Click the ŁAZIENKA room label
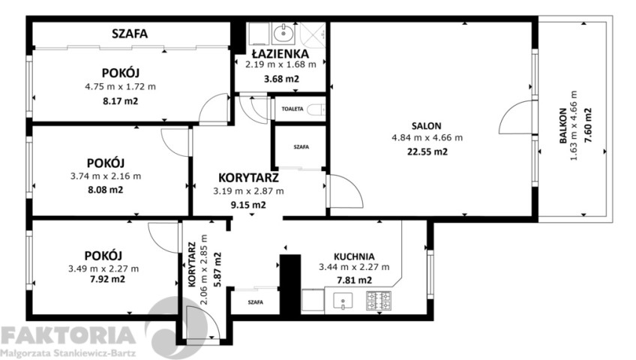coord(280,53)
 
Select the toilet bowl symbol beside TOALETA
coord(316,109)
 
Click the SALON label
coord(426,126)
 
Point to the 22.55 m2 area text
coord(427,151)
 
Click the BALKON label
coord(563,125)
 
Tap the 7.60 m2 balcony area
coord(588,124)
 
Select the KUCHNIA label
coord(354,256)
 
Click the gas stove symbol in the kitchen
coord(379,301)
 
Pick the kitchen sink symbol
coord(343,301)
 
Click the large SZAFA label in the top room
coord(130,34)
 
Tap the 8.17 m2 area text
coord(121,101)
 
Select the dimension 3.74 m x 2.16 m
coord(106,176)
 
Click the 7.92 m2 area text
coord(107,279)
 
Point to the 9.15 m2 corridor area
coord(248,205)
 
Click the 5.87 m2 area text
coord(217,269)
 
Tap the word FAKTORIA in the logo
coord(68,336)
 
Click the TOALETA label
coord(292,109)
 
